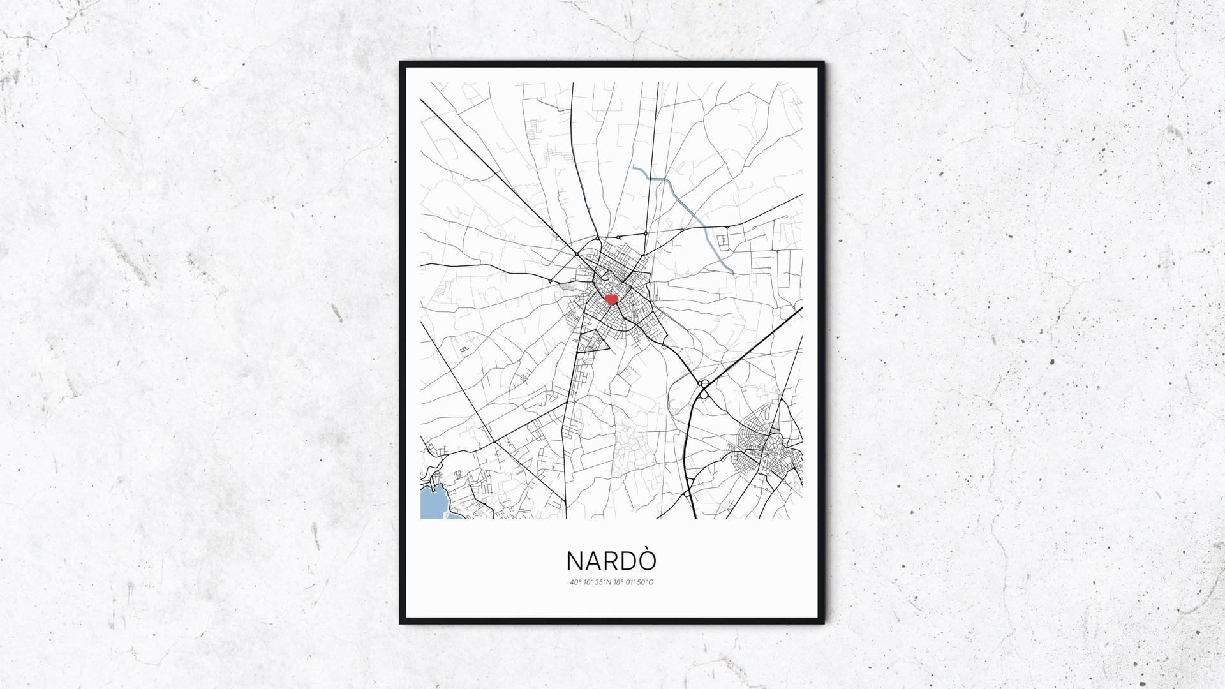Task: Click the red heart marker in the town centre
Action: pos(611,299)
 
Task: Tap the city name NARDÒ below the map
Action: pos(611,560)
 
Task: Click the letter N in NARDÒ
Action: pos(574,561)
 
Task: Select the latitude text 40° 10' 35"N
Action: pos(591,582)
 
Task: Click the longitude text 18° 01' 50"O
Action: pos(634,582)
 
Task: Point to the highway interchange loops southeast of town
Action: pos(704,389)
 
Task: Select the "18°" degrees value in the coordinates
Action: pos(617,582)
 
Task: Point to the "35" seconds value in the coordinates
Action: pos(599,582)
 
